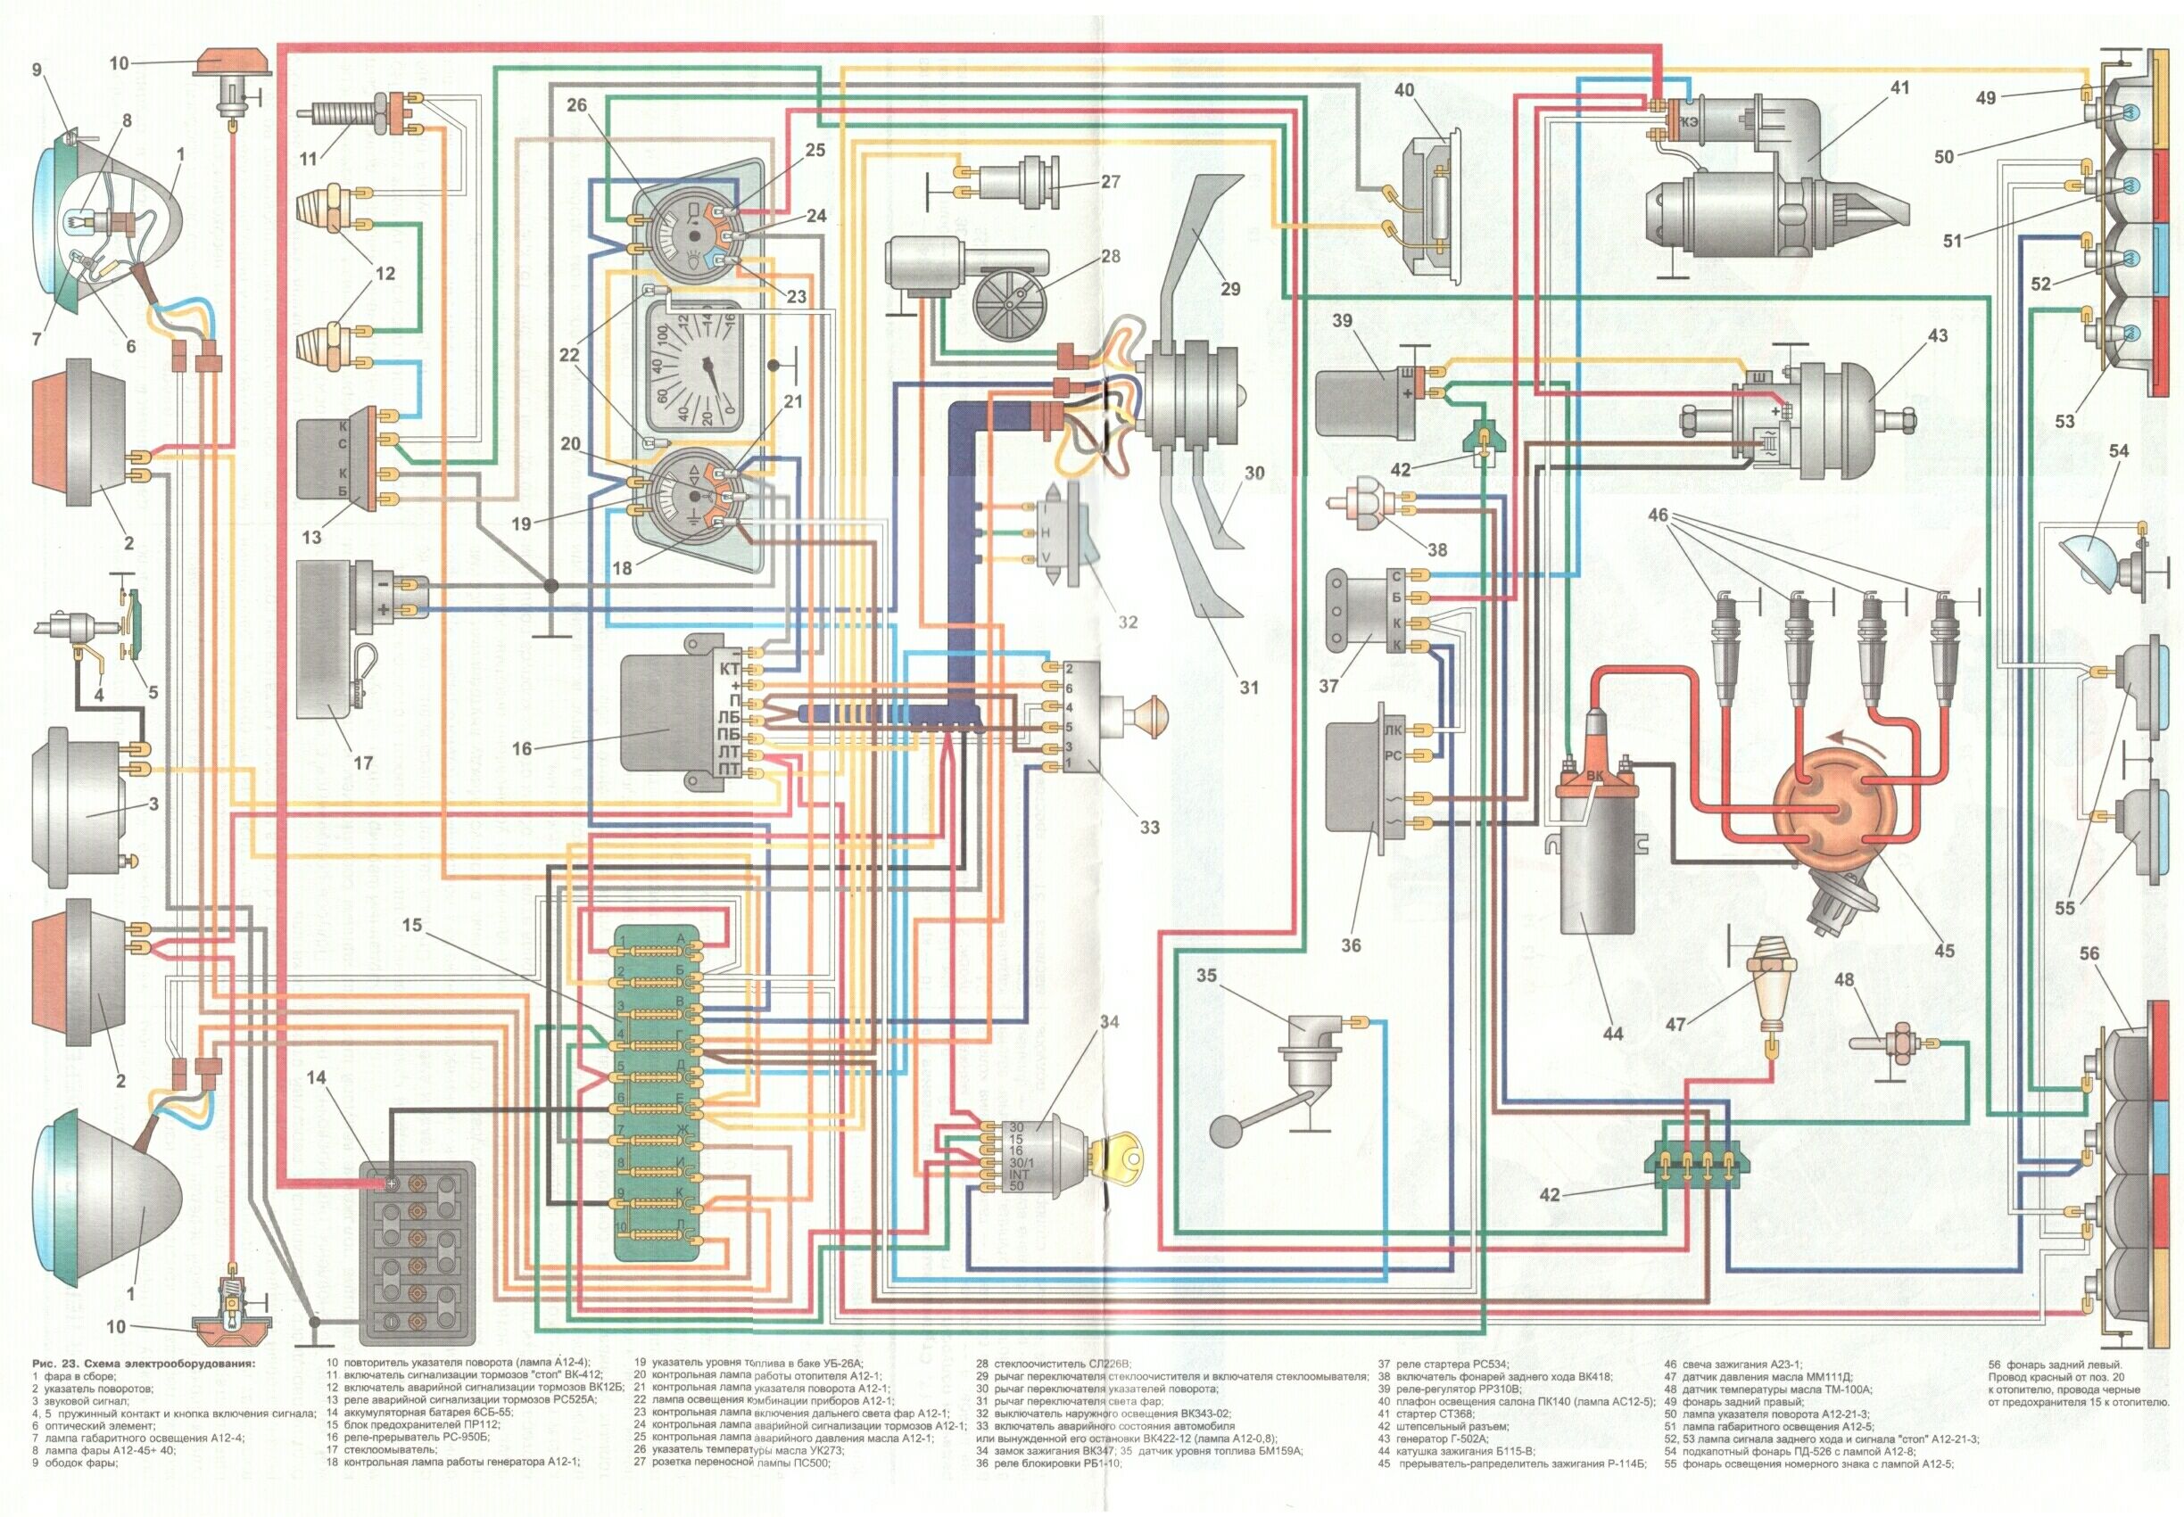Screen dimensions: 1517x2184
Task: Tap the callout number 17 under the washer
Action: pyautogui.click(x=362, y=763)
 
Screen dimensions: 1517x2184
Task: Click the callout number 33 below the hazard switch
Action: pyautogui.click(x=1149, y=827)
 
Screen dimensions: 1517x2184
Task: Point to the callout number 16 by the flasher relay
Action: pyautogui.click(x=521, y=748)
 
